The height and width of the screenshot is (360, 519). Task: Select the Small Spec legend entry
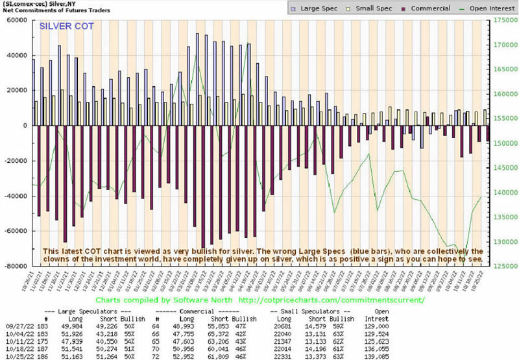point(372,8)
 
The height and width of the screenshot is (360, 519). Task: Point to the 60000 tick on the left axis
point(16,20)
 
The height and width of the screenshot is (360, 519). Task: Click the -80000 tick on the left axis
point(14,266)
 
